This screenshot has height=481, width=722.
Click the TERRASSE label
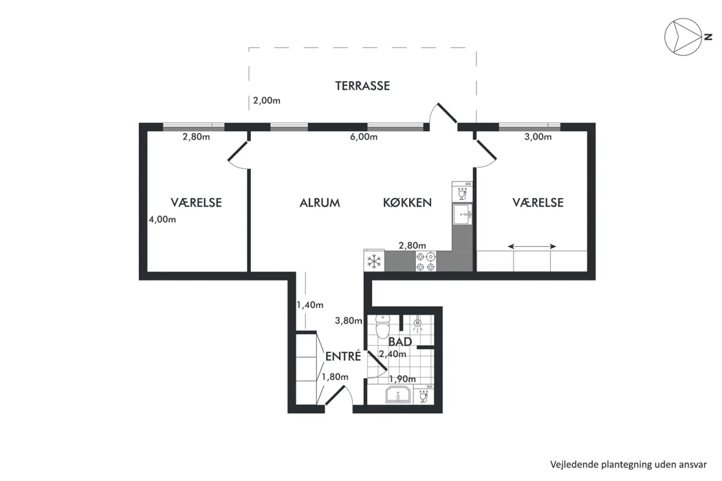pyautogui.click(x=362, y=86)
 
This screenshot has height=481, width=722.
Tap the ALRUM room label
pyautogui.click(x=320, y=203)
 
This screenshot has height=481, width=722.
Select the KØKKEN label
pyautogui.click(x=407, y=203)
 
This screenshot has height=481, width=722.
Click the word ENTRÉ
pyautogui.click(x=343, y=356)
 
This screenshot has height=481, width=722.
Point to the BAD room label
pyautogui.click(x=400, y=342)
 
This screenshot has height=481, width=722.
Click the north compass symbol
pyautogui.click(x=682, y=37)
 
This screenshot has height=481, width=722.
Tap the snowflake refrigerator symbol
pyautogui.click(x=374, y=261)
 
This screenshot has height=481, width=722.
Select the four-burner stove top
pyautogui.click(x=426, y=261)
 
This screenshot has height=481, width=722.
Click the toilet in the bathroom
pyautogui.click(x=382, y=326)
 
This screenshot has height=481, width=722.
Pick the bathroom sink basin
pyautogui.click(x=398, y=395)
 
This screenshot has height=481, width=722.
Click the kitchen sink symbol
pyautogui.click(x=462, y=214)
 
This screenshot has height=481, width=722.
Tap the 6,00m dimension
pyautogui.click(x=363, y=137)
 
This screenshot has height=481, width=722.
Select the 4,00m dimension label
pyautogui.click(x=162, y=220)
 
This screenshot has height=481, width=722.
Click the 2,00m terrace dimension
pyautogui.click(x=267, y=100)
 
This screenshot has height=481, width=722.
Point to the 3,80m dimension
pyautogui.click(x=349, y=321)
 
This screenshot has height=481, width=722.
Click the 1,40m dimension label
pyautogui.click(x=310, y=304)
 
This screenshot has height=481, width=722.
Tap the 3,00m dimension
pyautogui.click(x=538, y=137)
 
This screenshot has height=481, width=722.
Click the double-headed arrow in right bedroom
pyautogui.click(x=532, y=246)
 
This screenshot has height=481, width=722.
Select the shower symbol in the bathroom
pyautogui.click(x=417, y=324)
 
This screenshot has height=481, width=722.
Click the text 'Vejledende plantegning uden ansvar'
pyautogui.click(x=628, y=465)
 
